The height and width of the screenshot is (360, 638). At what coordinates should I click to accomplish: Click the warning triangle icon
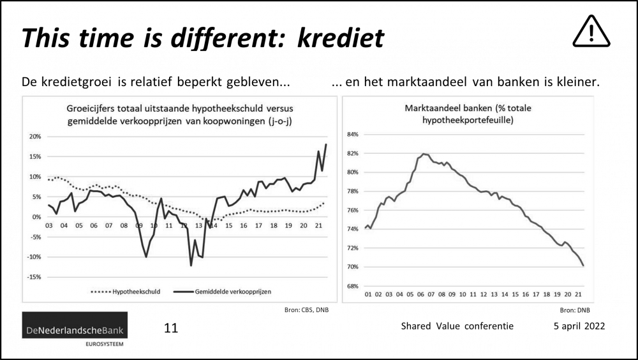(591, 32)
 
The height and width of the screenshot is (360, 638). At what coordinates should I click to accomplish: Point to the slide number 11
(170, 328)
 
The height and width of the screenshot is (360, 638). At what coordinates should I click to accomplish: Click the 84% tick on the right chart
(353, 135)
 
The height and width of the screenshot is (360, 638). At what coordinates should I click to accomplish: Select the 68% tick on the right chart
(353, 285)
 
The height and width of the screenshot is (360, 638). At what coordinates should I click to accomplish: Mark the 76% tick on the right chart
(353, 210)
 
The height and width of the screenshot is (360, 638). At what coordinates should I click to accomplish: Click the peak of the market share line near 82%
(424, 154)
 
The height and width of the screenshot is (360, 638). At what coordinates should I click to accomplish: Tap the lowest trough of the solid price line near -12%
(191, 265)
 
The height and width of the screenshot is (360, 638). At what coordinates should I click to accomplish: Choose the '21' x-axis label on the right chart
(578, 296)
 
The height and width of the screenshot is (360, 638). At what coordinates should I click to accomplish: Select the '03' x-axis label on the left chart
(48, 225)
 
